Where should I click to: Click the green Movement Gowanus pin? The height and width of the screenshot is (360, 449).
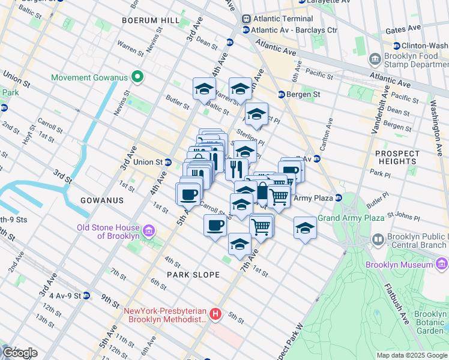pos(137,77)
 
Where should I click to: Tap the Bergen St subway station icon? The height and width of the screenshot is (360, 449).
pos(281,94)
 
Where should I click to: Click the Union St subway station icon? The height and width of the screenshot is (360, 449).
pos(169,162)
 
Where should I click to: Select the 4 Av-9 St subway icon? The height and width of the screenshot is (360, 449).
pos(86,296)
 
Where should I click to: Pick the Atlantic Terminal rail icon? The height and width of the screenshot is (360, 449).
pos(246,19)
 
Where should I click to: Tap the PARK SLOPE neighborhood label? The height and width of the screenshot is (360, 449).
pos(193,275)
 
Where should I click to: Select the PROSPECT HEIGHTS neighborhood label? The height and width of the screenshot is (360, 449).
pos(397,157)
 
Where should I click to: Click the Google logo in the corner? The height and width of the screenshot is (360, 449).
pos(19,353)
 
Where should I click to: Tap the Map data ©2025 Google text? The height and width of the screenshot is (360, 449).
pos(412,355)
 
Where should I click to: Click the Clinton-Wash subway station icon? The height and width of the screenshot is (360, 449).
pos(396,46)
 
